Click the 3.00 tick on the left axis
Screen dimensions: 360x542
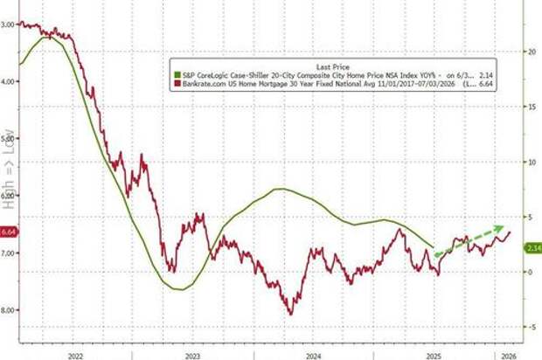coord(8,25)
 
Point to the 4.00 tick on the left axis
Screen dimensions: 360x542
coord(8,82)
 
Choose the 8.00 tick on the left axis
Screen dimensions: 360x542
coord(8,310)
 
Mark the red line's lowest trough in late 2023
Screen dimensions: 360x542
coord(290,314)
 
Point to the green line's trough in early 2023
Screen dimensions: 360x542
coord(181,289)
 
